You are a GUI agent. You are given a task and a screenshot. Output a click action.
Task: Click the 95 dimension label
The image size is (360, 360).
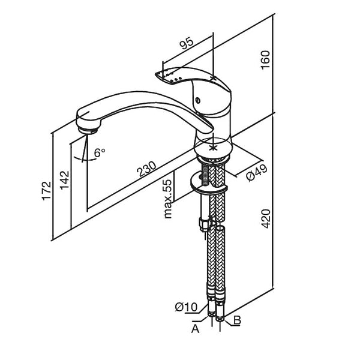click(187, 43)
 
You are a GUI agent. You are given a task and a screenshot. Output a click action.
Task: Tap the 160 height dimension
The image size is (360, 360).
click(267, 59)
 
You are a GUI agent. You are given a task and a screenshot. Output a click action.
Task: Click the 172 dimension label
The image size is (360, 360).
click(47, 189)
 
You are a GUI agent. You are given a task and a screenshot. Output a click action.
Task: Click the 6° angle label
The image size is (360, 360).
click(100, 153)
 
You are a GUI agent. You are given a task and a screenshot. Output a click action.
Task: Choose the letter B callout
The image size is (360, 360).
click(237, 321)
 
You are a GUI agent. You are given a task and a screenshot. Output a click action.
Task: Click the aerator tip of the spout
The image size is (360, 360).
click(89, 127)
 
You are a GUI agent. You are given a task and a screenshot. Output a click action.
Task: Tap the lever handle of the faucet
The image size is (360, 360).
click(192, 81)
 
